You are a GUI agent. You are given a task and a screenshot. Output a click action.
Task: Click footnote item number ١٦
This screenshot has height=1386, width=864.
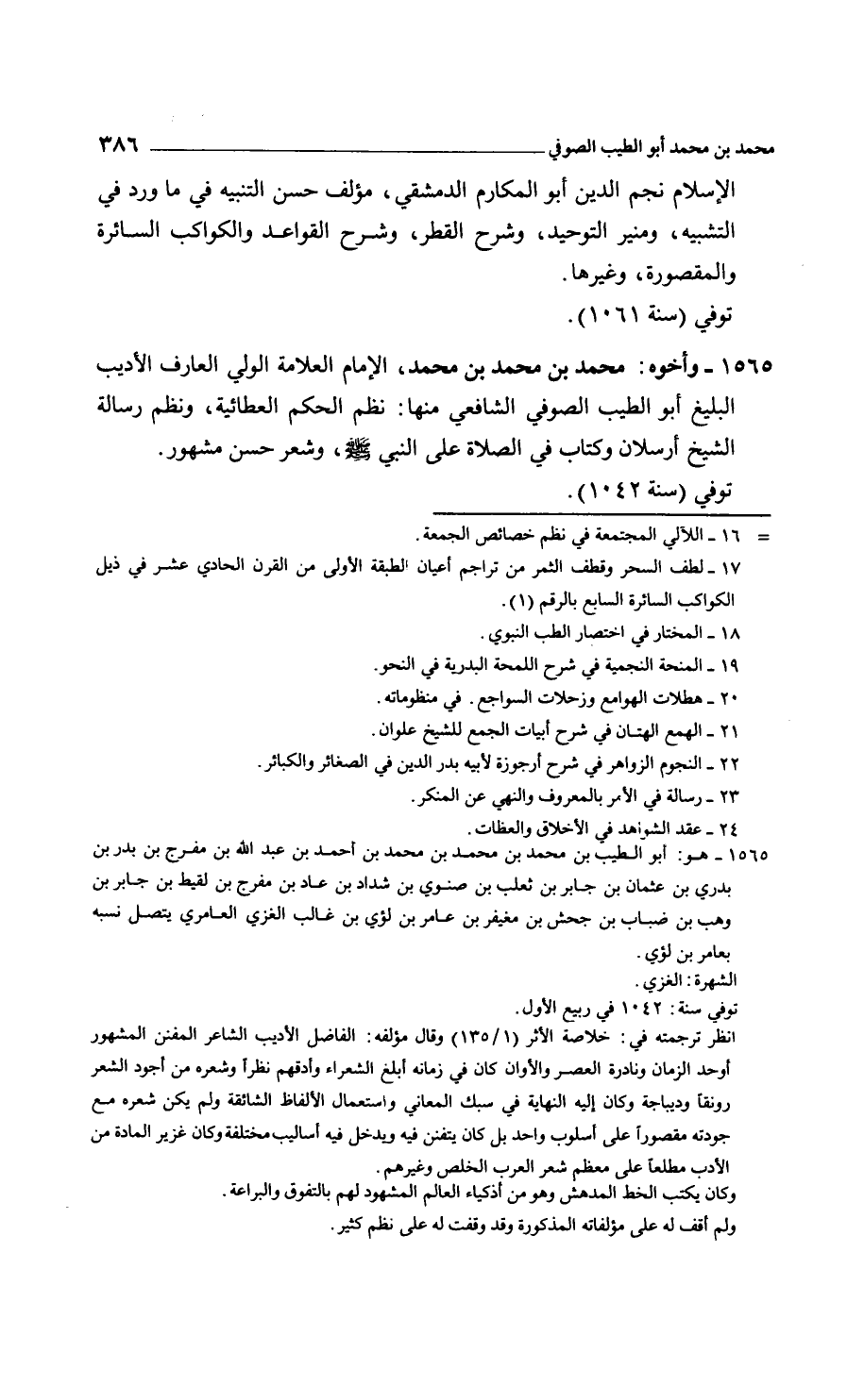click(733, 536)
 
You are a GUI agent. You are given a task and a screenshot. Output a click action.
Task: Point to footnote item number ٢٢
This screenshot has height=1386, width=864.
click(733, 762)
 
